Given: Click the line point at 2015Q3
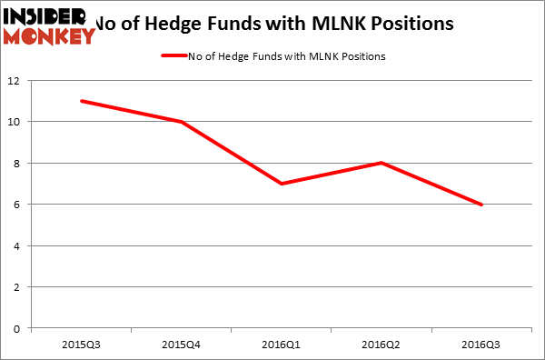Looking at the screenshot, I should click(x=81, y=101).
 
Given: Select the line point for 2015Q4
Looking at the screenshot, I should click(x=182, y=122).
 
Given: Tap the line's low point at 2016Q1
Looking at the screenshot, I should click(x=282, y=184).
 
